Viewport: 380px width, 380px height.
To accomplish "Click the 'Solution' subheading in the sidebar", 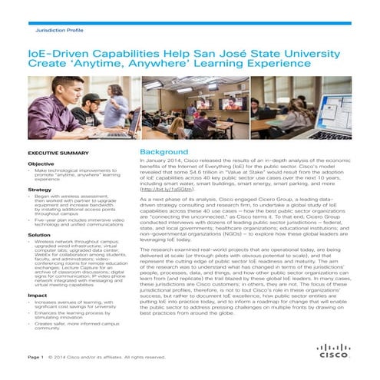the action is click(x=39, y=234).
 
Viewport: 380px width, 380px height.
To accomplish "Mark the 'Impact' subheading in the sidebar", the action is click(x=37, y=295).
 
